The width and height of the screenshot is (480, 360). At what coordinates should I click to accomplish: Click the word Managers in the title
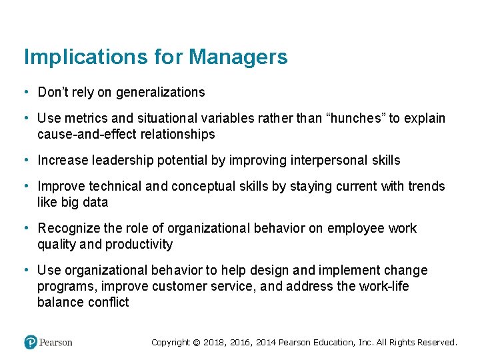pos(238,57)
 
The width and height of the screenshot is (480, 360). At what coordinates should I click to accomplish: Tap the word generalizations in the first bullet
pos(161,92)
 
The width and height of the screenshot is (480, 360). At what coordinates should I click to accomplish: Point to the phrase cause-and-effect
pos(79,134)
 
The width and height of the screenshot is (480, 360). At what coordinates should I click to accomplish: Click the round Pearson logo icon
pos(31,342)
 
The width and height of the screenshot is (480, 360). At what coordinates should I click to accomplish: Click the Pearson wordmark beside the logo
pos(56,342)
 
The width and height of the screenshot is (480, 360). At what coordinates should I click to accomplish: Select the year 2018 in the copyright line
pos(215,342)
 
